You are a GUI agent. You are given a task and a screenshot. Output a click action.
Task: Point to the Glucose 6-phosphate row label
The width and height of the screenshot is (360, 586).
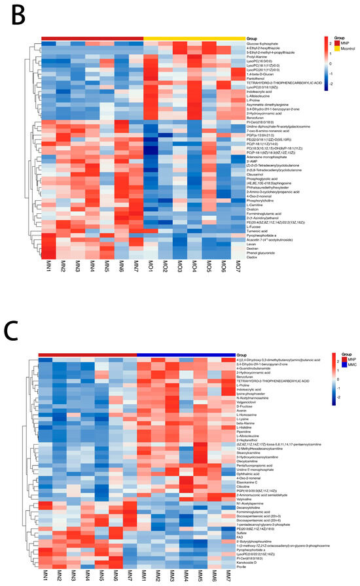pyautogui.click(x=261, y=44)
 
